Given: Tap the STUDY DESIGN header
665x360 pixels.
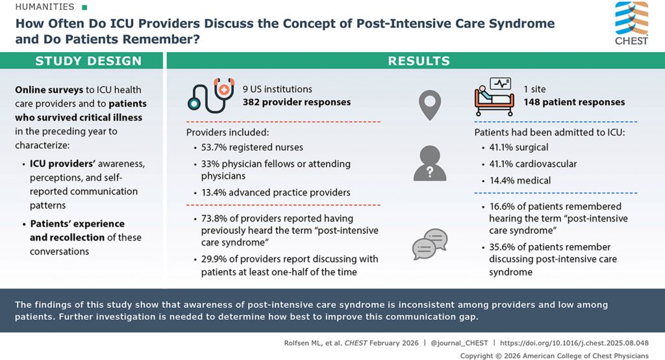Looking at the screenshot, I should pyautogui.click(x=88, y=61).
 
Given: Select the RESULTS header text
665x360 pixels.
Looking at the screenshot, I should pyautogui.click(x=419, y=61).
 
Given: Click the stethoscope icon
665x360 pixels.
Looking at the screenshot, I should pyautogui.click(x=210, y=96).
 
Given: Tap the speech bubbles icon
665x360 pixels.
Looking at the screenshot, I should pyautogui.click(x=429, y=244).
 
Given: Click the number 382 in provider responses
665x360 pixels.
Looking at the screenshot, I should pyautogui.click(x=252, y=102).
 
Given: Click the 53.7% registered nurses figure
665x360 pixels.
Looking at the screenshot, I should pyautogui.click(x=216, y=148).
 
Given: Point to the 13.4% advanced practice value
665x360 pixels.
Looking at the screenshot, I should pyautogui.click(x=216, y=192).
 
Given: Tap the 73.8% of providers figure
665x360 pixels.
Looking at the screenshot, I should pyautogui.click(x=216, y=219).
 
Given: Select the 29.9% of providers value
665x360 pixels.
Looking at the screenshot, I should pyautogui.click(x=216, y=259).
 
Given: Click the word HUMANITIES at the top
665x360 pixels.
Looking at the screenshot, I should pyautogui.click(x=40, y=6).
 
